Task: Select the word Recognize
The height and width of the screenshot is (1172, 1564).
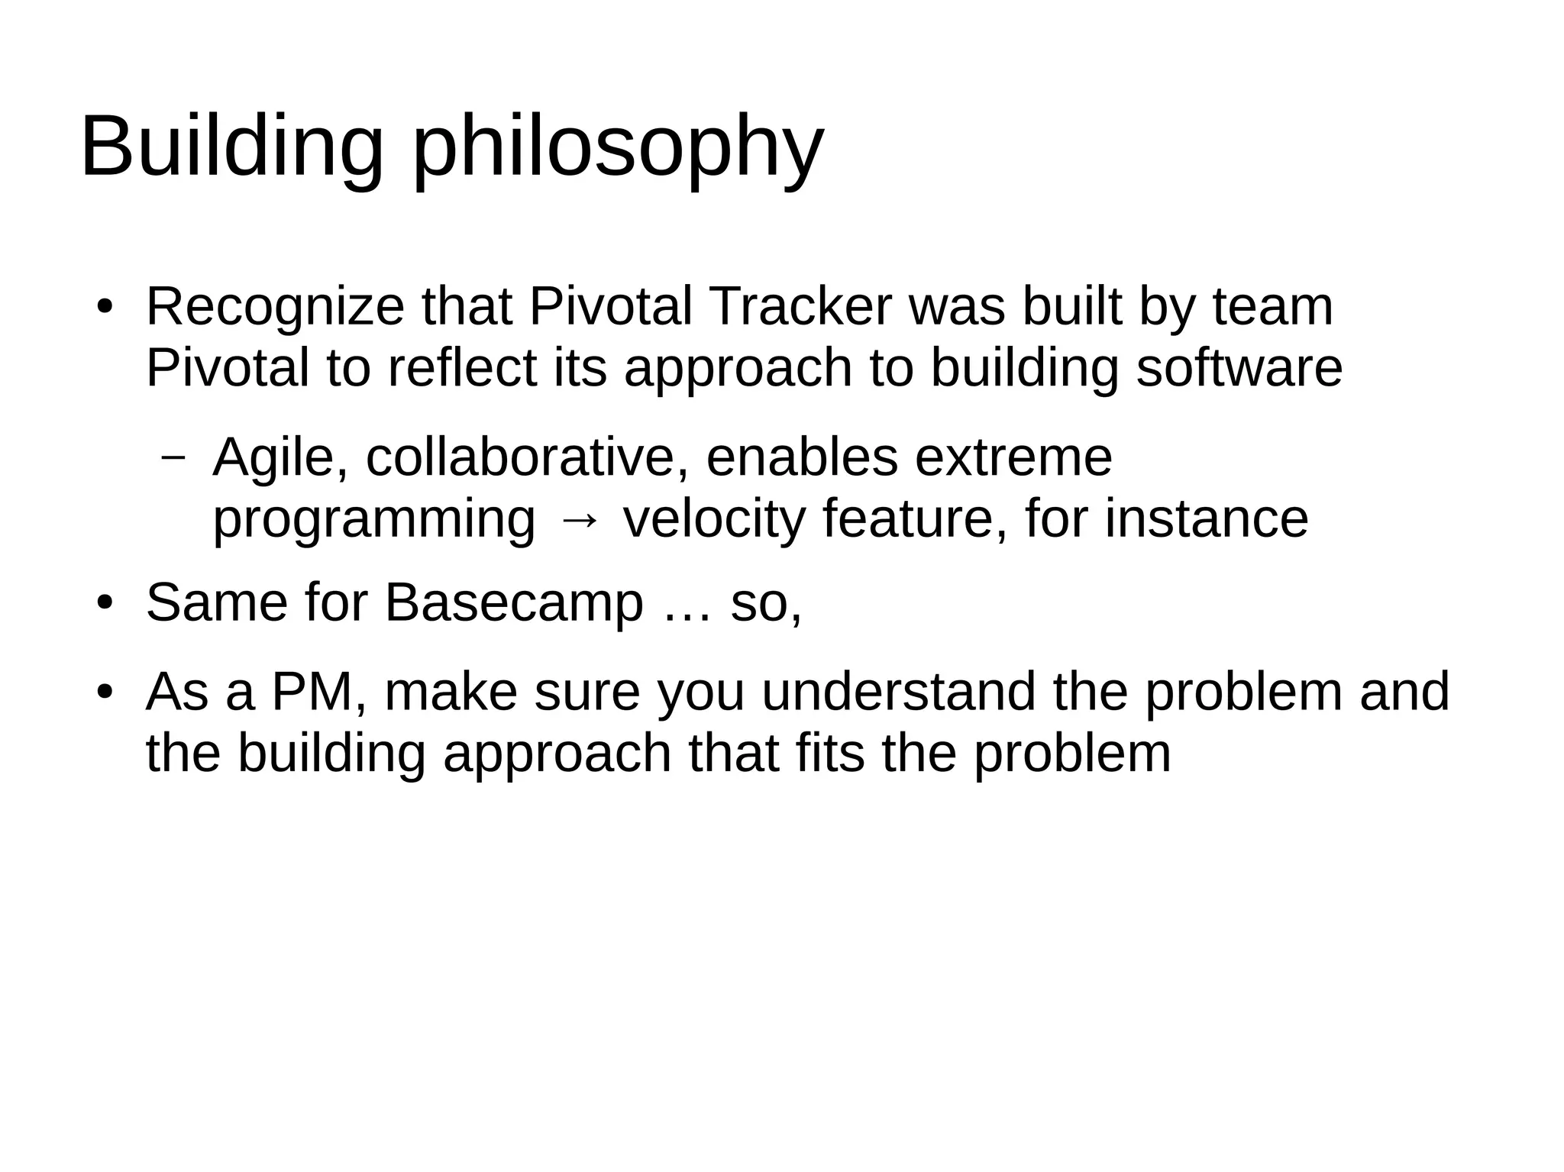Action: (275, 307)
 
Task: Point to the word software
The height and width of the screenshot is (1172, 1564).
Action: (1239, 368)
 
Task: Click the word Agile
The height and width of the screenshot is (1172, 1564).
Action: (280, 458)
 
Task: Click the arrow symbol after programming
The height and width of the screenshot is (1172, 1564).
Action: (579, 520)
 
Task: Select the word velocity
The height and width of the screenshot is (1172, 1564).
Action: (714, 519)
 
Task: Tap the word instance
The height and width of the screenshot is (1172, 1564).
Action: (1206, 519)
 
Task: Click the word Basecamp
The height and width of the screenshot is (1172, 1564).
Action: (514, 603)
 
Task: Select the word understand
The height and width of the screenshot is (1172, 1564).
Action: (898, 692)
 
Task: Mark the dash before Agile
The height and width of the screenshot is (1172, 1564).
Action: (174, 457)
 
